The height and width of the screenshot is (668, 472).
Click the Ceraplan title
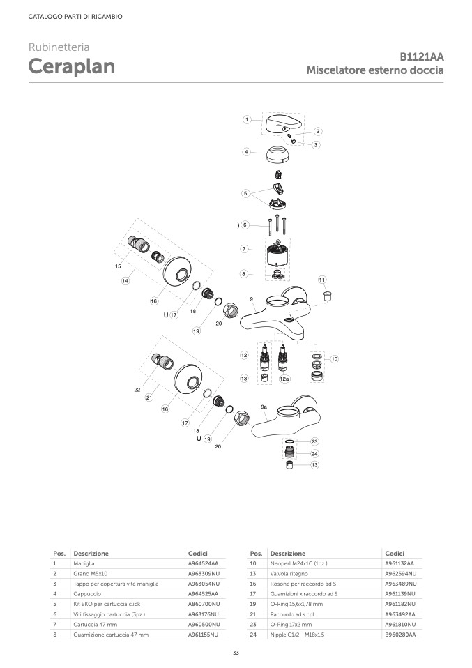tap(72, 66)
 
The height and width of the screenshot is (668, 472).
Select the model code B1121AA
tap(421, 56)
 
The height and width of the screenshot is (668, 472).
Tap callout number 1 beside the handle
tap(247, 120)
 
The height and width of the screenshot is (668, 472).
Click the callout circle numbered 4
tap(246, 152)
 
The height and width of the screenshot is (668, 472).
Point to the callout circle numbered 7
tap(244, 249)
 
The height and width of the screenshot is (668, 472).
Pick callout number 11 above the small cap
tap(322, 280)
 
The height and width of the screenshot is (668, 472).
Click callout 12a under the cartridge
tap(284, 379)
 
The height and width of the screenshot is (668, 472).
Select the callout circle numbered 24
tap(314, 454)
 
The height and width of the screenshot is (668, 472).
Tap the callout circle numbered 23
tap(314, 442)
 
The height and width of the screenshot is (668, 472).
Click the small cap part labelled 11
tap(328, 295)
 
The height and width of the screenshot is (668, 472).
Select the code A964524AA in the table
tap(203, 563)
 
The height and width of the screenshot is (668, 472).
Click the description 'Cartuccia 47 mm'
tap(95, 625)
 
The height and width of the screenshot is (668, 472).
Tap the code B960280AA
tap(400, 635)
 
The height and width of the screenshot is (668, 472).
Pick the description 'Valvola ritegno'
tap(289, 574)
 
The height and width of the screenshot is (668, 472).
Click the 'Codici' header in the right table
tap(395, 554)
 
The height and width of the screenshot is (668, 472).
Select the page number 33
tap(236, 653)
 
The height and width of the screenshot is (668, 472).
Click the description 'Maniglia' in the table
tap(84, 563)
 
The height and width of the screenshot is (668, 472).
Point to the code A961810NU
tap(400, 625)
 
